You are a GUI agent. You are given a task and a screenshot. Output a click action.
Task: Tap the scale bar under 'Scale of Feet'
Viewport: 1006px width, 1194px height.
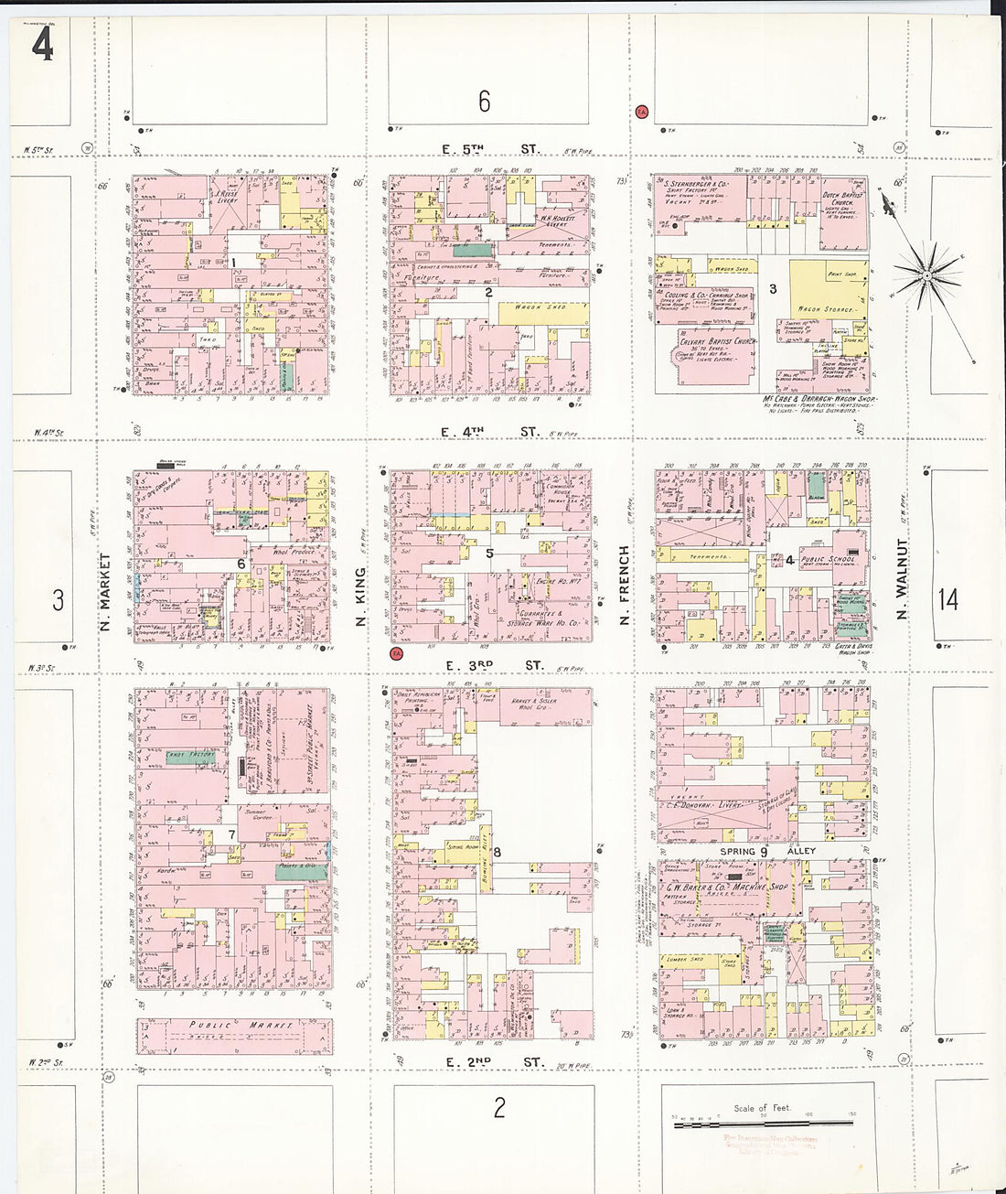[x=763, y=1122]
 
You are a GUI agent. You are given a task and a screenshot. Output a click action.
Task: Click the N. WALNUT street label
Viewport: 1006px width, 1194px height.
[x=902, y=578]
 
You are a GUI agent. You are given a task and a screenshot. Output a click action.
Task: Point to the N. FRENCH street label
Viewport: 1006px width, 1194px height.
[x=625, y=586]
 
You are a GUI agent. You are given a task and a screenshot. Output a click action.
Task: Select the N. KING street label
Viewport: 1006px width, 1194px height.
[x=360, y=597]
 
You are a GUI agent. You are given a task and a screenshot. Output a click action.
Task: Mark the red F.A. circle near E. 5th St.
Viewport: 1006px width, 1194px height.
[x=642, y=112]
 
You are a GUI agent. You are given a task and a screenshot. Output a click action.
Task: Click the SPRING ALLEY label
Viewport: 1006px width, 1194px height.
[x=766, y=851]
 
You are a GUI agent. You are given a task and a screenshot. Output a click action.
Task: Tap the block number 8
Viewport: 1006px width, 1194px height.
[x=497, y=853]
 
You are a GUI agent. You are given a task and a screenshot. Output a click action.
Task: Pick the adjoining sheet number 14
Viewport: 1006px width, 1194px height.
[x=947, y=599]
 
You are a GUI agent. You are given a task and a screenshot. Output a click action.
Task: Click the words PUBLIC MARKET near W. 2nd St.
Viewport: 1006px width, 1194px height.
[x=241, y=1026]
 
